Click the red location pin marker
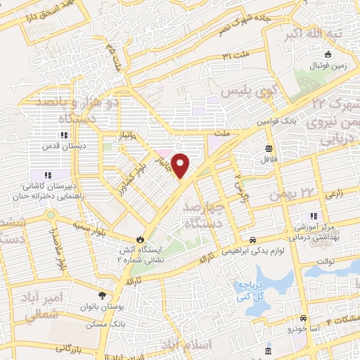coord(181,165)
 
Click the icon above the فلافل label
coord(269,148)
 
